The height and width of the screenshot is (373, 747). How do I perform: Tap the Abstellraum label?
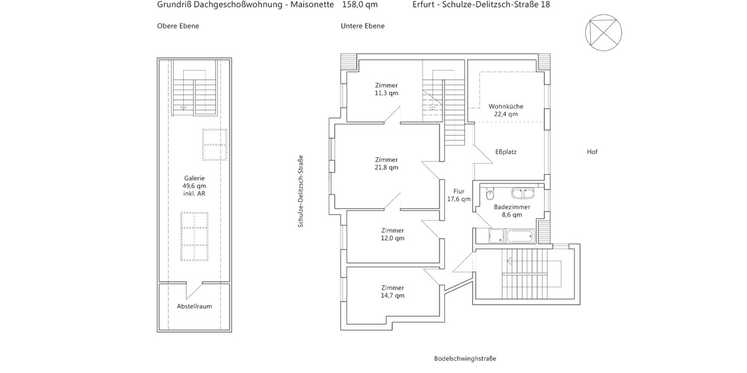(194, 306)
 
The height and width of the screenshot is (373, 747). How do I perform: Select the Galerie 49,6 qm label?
(194, 185)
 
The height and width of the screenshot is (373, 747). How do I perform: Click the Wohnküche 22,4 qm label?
(505, 110)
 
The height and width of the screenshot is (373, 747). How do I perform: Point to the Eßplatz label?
(505, 152)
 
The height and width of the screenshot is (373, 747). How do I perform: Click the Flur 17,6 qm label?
(459, 195)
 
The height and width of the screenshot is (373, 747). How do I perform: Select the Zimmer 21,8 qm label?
(386, 163)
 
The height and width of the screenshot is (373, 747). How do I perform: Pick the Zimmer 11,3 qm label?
(386, 89)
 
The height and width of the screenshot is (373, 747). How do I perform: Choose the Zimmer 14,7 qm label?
(392, 292)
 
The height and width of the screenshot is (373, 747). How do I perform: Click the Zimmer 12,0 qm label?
(392, 234)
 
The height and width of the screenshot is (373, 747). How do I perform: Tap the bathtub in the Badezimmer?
(520, 236)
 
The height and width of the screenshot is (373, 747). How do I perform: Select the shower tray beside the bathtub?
(496, 236)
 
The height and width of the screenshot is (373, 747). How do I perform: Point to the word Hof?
(592, 152)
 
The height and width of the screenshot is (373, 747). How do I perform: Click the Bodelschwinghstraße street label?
(465, 359)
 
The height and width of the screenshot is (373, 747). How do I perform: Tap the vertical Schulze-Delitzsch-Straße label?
(300, 191)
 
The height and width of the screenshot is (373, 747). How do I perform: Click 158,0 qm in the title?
(360, 4)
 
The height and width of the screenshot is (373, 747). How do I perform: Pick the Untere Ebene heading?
(362, 26)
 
